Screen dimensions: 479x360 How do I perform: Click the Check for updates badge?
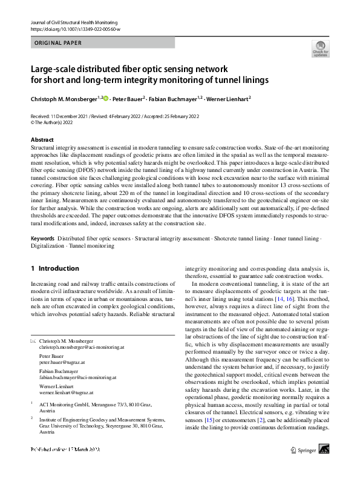pyautogui.click(x=320, y=48)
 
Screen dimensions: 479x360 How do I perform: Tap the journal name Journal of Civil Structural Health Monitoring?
pyautogui.click(x=83, y=22)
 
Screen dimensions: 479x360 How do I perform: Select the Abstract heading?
pyautogui.click(x=42, y=140)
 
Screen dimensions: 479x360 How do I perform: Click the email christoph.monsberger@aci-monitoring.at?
pyautogui.click(x=82, y=349)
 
